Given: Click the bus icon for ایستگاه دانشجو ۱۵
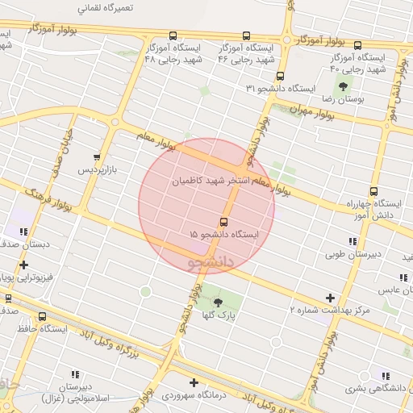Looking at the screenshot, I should coord(223,222).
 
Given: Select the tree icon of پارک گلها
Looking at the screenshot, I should coord(218,303).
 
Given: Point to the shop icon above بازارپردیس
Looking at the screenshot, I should coord(98,157).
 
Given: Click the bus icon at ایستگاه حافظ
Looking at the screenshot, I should coord(42,316).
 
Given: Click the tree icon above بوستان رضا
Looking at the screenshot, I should coord(344,86).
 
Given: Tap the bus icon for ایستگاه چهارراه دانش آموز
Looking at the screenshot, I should coord(373,191).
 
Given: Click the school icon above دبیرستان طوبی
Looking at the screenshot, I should coord(353,241).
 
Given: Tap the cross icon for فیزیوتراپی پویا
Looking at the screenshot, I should coord(23,265).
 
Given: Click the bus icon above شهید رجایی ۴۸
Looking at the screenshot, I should coord(173,36).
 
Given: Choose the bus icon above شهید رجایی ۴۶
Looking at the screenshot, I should coord(246,36).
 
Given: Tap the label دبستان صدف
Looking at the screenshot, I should coord(25,243).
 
